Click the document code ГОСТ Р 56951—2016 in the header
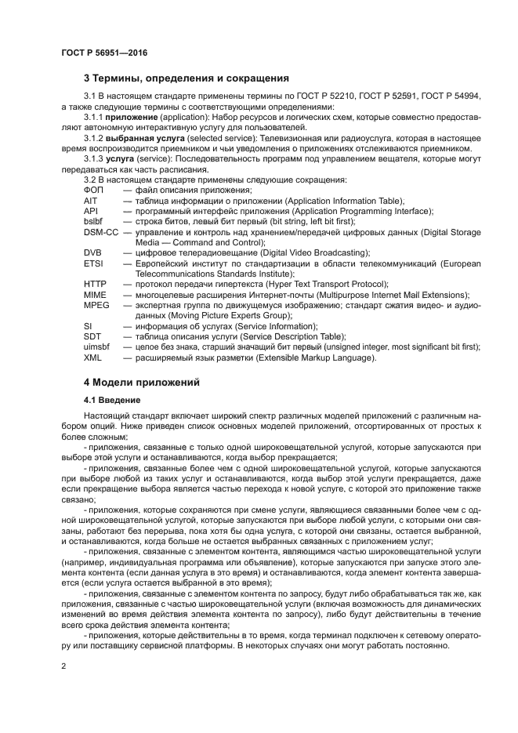point(103,53)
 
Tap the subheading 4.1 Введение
point(112,400)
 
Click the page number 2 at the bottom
point(63,665)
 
